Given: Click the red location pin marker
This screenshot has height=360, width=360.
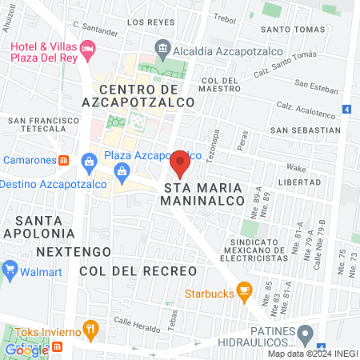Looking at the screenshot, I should (180, 163).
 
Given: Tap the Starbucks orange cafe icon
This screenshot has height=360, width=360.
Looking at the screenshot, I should (245, 290).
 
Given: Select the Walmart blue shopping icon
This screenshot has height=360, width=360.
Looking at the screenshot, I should (10, 268).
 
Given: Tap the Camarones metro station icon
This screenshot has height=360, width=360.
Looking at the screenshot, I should (65, 160).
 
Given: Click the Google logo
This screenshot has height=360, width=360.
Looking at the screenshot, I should (26, 349).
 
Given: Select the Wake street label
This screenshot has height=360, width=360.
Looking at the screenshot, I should (296, 168).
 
